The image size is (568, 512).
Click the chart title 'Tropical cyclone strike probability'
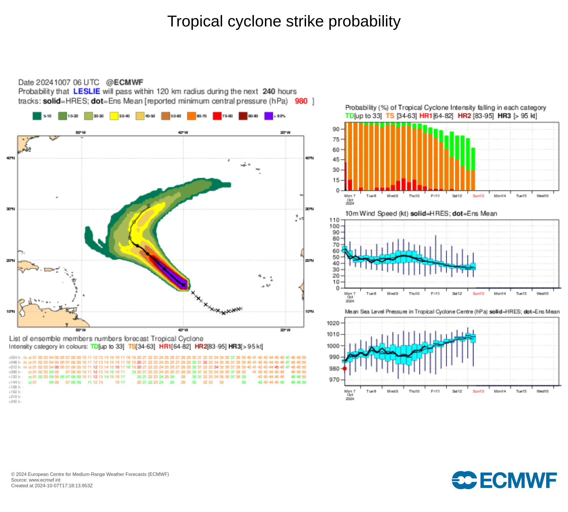click(284, 21)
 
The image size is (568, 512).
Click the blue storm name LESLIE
click(87, 91)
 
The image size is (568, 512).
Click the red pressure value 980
click(301, 101)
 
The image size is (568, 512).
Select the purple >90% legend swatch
click(268, 116)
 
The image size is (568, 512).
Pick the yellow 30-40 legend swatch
click(114, 116)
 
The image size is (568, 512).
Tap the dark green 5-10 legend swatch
click(37, 116)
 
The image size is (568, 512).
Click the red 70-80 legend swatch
click(217, 116)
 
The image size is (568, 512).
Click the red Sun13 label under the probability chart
click(478, 196)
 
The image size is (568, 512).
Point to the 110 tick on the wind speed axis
click(334, 220)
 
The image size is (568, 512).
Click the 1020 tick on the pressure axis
click(333, 323)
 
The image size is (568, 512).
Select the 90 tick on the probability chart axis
click(336, 129)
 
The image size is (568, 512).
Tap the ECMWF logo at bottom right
click(504, 480)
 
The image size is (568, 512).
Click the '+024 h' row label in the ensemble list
click(15, 358)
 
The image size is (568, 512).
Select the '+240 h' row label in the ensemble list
click(15, 402)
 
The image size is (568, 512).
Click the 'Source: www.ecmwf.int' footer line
click(36, 480)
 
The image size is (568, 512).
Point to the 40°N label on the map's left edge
click(11, 158)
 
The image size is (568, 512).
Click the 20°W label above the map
click(285, 133)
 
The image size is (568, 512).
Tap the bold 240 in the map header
click(269, 91)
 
